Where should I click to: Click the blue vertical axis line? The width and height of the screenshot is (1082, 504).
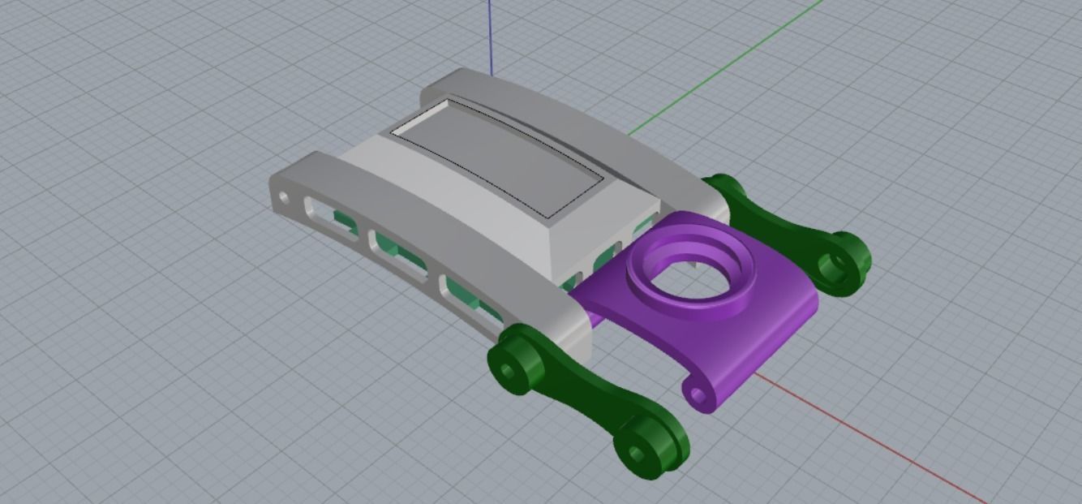pos(490,32)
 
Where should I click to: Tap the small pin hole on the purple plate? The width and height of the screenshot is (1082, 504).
pos(697,395)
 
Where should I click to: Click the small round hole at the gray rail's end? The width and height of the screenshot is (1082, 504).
pos(284,197)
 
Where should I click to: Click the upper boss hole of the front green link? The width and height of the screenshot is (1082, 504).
pos(508,372)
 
